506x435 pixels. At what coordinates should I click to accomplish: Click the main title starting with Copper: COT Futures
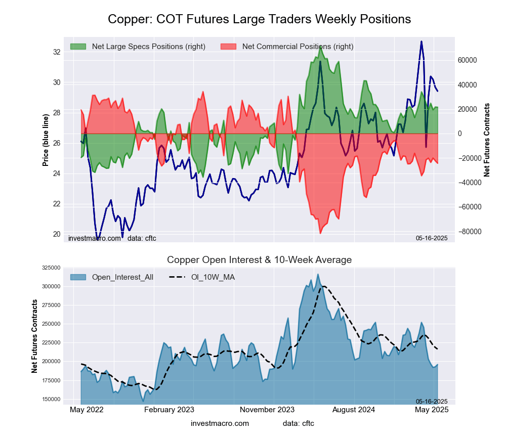[259, 19]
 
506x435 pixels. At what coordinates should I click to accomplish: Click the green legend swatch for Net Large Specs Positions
[78, 47]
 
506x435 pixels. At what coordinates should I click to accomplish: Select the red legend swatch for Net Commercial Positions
[228, 47]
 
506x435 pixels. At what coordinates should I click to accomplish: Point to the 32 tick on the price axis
[57, 52]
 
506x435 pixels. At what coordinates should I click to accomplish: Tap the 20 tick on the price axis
[57, 234]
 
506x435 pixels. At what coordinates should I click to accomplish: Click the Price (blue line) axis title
[46, 140]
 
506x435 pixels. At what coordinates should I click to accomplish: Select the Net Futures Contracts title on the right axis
[487, 140]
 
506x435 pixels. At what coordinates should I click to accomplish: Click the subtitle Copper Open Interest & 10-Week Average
[259, 260]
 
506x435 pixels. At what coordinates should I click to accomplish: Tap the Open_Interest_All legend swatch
[78, 277]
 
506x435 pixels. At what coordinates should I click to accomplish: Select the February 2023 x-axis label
[169, 410]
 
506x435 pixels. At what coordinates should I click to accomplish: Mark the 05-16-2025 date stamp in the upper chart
[432, 238]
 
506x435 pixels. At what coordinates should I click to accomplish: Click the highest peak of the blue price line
[421, 41]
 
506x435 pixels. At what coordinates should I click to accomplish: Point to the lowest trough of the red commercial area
[320, 233]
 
